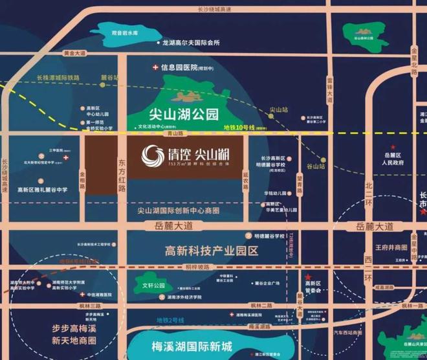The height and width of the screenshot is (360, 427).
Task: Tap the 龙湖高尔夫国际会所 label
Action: click(x=192, y=43)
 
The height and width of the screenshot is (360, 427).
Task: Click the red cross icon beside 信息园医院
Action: click(x=155, y=67)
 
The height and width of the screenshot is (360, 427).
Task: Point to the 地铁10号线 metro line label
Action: click(x=239, y=129)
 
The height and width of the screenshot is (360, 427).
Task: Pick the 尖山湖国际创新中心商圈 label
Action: click(x=179, y=210)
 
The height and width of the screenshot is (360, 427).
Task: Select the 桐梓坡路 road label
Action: click(x=197, y=267)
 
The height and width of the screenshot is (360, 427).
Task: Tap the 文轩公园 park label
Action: click(x=153, y=285)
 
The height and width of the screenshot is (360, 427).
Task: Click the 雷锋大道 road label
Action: click(x=329, y=90)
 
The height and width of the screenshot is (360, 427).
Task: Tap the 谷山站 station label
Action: click(x=315, y=166)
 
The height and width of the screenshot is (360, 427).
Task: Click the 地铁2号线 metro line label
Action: click(x=169, y=320)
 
